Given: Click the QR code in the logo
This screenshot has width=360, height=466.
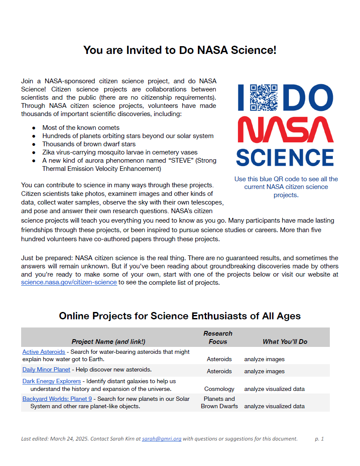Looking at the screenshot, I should [x=264, y=97].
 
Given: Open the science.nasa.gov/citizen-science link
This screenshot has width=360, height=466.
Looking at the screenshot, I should [x=69, y=282].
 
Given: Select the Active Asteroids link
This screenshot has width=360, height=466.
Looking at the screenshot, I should [x=44, y=352].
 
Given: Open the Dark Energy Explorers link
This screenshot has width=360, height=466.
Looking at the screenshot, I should [x=52, y=381].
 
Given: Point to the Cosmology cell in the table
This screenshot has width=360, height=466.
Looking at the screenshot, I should [x=219, y=389].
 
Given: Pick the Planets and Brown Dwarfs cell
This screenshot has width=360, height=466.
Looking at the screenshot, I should [x=219, y=403].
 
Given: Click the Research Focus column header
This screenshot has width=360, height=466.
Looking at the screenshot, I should [x=218, y=337].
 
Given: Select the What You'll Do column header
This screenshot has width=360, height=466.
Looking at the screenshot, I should [x=285, y=342].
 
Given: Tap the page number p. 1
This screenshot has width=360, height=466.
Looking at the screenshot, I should [x=319, y=439].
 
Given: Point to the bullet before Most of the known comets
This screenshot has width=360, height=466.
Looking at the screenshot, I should [x=34, y=128].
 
